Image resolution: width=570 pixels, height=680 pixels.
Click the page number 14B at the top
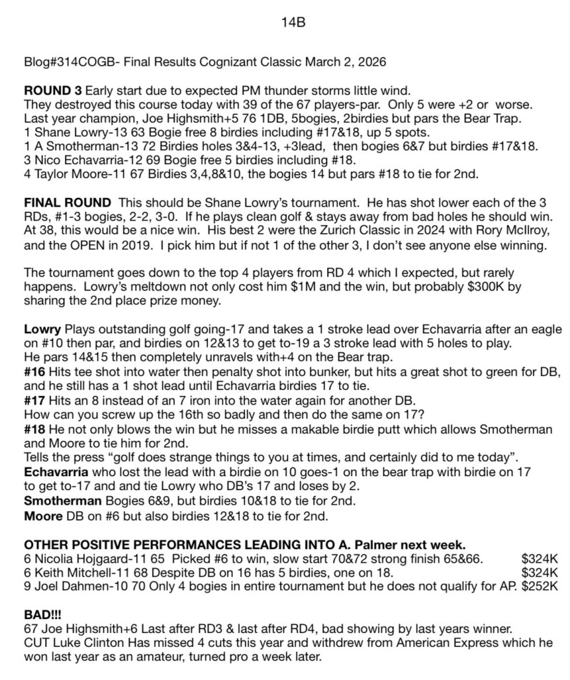tap(293, 23)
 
